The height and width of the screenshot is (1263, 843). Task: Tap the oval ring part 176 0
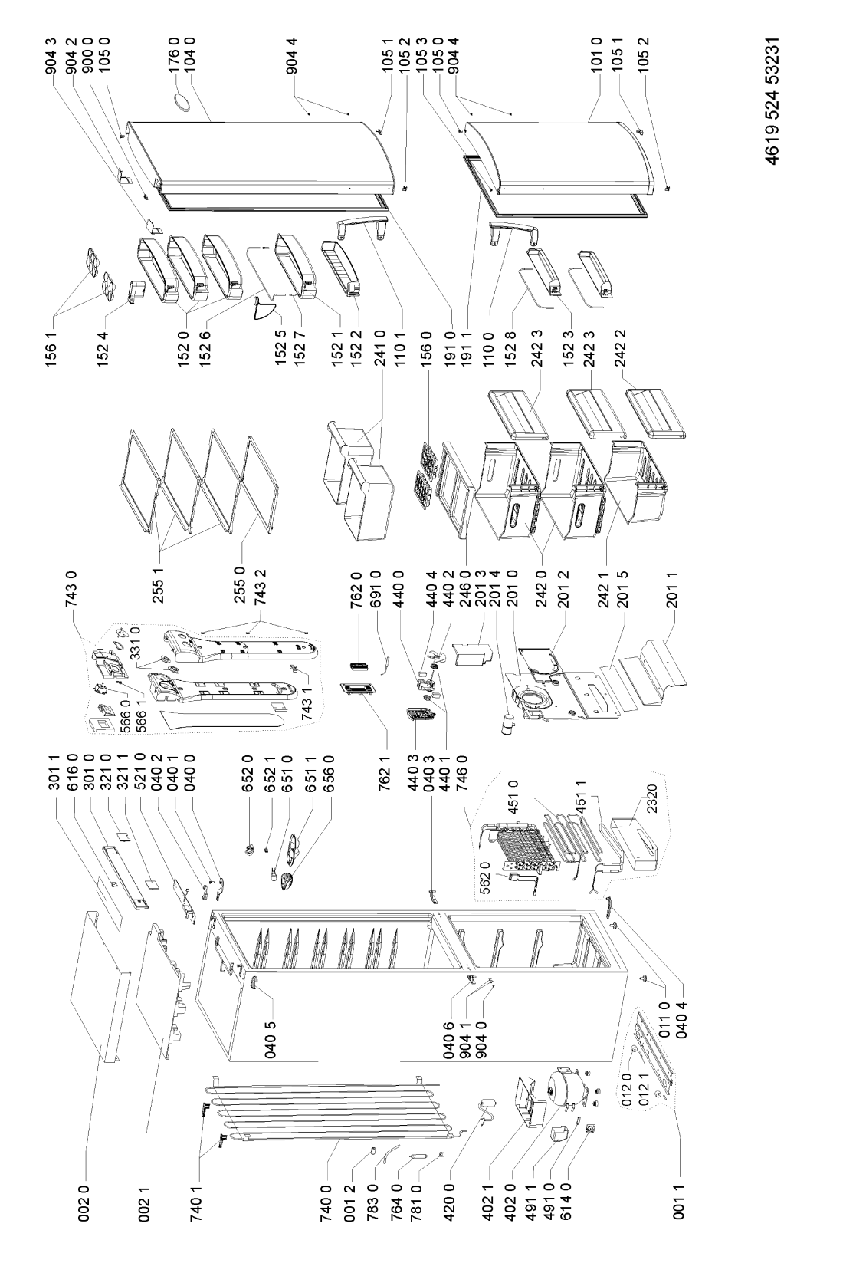click(x=183, y=100)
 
